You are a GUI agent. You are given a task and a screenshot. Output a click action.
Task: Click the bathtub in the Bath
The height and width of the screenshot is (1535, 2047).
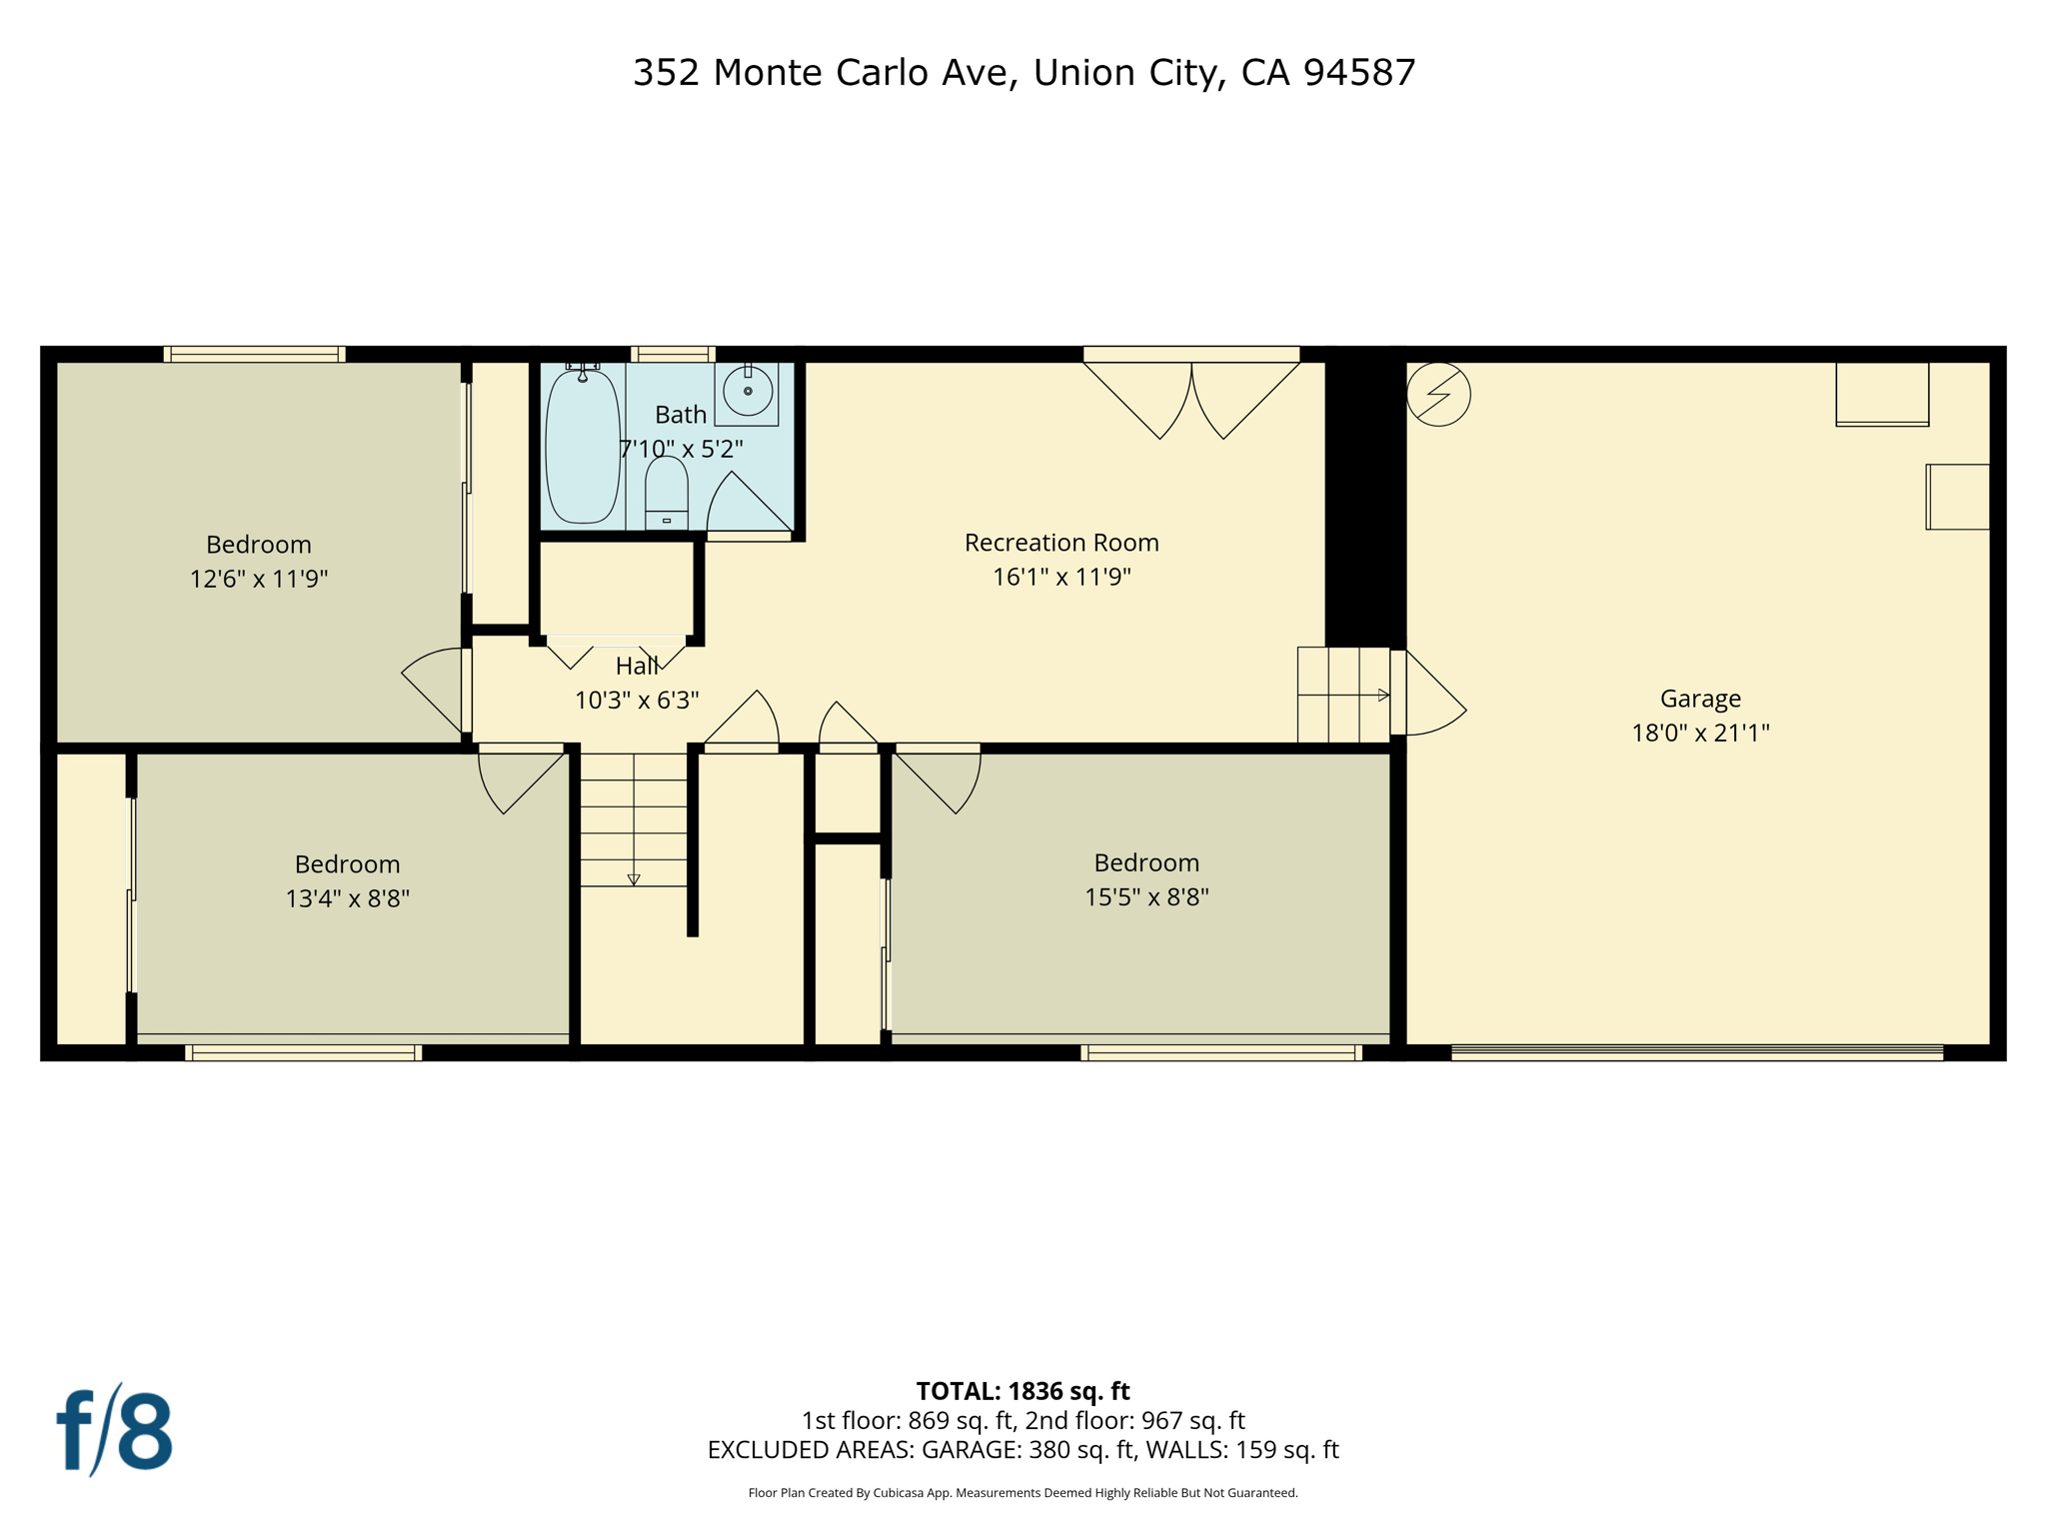582,446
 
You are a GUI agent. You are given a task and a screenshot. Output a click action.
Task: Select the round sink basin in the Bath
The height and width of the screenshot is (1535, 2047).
747,391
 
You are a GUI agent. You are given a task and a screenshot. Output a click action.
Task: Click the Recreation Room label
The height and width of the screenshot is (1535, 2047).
1061,543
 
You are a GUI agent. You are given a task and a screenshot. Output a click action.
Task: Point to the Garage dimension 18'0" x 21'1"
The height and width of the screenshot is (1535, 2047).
1700,733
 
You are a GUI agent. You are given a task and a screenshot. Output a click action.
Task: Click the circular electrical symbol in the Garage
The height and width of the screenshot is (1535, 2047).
1438,395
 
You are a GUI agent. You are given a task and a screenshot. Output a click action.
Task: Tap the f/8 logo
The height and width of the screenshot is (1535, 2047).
115,1430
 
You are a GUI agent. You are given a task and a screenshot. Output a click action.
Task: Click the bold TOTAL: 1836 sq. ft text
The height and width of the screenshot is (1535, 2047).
1023,1391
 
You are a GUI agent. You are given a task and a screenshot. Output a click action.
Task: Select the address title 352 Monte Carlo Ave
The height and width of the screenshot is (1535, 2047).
1023,73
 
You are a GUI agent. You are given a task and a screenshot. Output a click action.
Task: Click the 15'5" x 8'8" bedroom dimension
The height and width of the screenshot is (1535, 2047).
1146,897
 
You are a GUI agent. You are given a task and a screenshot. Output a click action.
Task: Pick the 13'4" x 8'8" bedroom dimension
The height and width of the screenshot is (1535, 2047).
347,898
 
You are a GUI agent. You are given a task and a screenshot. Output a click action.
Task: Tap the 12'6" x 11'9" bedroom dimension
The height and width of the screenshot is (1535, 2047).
259,579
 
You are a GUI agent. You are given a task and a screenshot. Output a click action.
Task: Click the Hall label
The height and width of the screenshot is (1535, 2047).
637,666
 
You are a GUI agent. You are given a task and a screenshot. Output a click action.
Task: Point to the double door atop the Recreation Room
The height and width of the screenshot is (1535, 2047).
1191,395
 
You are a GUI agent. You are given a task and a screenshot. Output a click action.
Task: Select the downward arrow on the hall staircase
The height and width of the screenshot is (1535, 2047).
634,879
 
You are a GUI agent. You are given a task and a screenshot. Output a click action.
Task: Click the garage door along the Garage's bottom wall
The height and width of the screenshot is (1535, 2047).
1696,1051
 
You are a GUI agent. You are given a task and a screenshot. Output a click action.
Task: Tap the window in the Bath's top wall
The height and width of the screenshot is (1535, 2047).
673,354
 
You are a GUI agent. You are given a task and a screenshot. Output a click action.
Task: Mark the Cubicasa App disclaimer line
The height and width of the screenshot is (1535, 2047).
1023,1493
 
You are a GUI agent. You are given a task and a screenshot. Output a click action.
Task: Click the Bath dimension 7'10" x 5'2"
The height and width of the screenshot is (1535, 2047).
681,450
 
